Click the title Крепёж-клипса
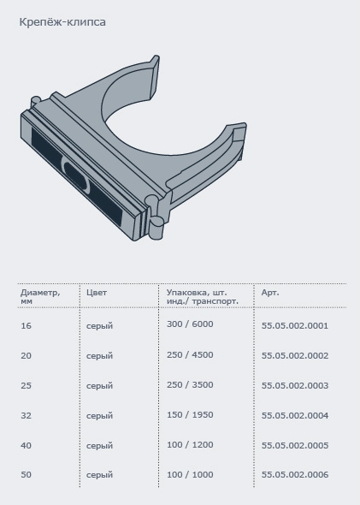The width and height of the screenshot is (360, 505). point(62,22)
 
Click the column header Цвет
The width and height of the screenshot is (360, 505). point(97,293)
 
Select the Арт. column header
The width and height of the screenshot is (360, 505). point(270,293)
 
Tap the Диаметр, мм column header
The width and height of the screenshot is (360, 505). point(40,297)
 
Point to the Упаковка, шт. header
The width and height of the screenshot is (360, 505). point(197,293)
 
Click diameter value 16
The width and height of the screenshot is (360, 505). point(26,326)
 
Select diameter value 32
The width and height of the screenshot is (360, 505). point(26,416)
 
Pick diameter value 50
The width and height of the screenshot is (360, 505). point(26,475)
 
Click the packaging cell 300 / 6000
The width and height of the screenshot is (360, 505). point(190,324)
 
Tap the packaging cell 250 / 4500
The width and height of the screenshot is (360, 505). point(190,355)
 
